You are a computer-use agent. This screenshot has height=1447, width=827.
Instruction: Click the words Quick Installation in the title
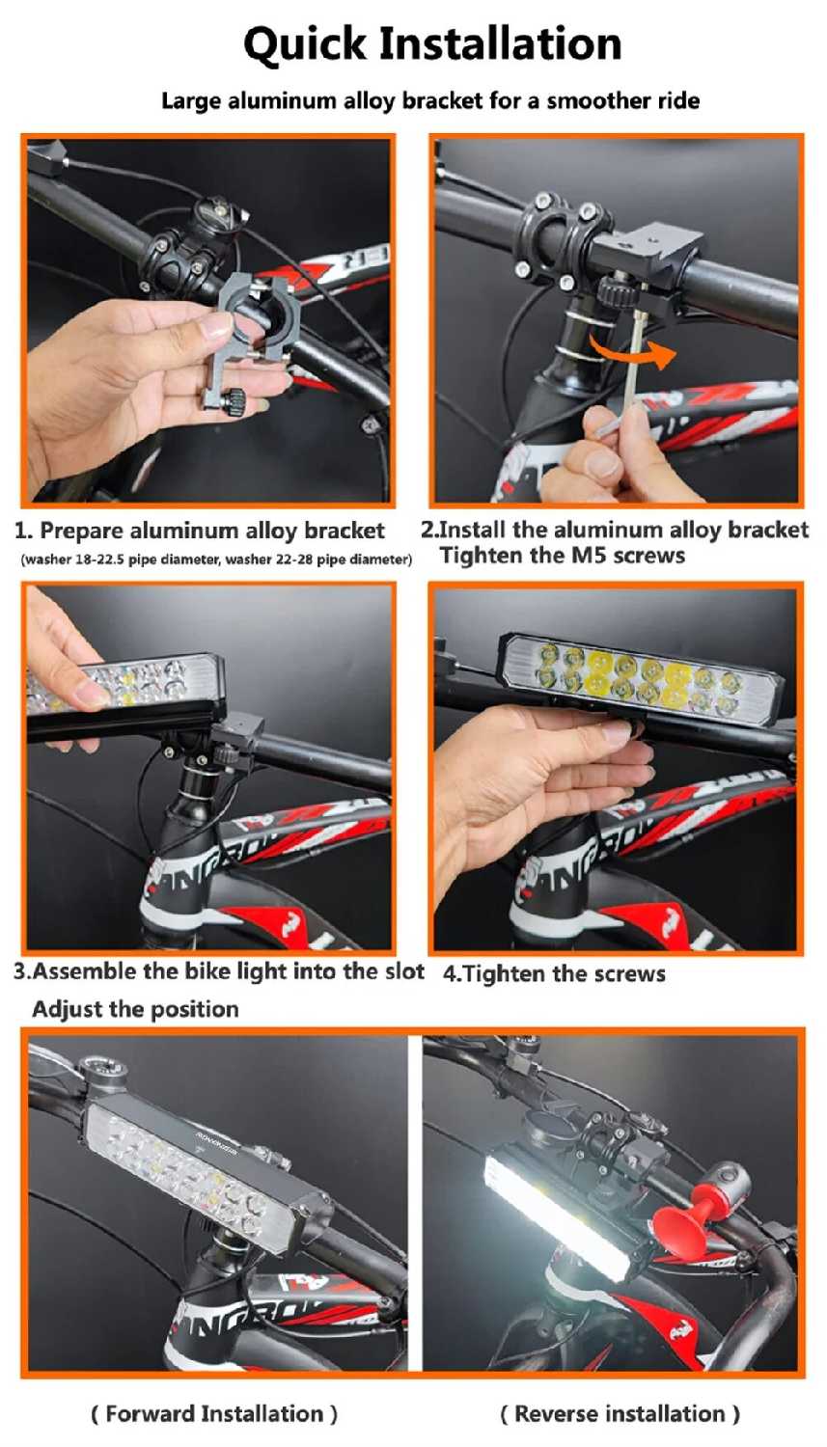pyautogui.click(x=432, y=45)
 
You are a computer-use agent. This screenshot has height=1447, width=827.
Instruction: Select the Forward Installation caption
pyautogui.click(x=214, y=1413)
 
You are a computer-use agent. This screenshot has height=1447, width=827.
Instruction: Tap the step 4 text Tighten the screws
pyautogui.click(x=554, y=972)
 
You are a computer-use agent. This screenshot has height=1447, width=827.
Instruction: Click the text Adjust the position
pyautogui.click(x=136, y=1008)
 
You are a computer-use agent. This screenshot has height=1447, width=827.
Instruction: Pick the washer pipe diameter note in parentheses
pyautogui.click(x=216, y=560)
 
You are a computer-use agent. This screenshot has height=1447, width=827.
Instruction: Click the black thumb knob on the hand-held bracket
pyautogui.click(x=232, y=403)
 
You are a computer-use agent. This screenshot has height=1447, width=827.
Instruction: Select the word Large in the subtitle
pyautogui.click(x=185, y=101)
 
